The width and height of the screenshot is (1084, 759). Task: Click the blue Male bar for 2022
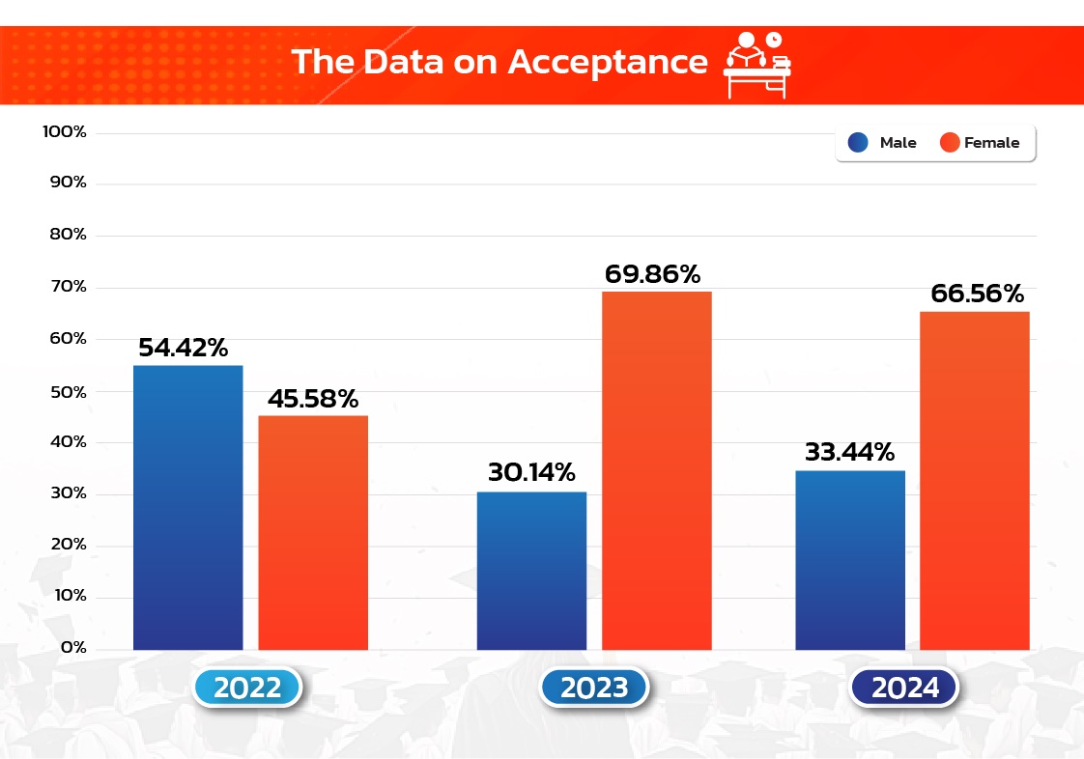(x=186, y=507)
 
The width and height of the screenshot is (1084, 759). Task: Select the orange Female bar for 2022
(x=313, y=532)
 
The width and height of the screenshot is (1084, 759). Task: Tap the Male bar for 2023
(x=531, y=571)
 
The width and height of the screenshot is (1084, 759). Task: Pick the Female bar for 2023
(x=657, y=470)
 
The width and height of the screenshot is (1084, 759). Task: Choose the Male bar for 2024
(x=850, y=560)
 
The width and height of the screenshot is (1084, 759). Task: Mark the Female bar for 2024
(x=974, y=480)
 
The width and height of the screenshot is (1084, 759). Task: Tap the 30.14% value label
(x=530, y=473)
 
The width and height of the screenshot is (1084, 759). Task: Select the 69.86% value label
(x=652, y=274)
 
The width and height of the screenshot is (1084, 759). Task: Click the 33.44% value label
(x=849, y=451)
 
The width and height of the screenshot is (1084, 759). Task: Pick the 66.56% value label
(x=977, y=294)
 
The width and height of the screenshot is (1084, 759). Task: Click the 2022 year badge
(x=248, y=688)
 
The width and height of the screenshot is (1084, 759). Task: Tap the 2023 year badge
(x=594, y=688)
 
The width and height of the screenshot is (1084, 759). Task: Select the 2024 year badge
(x=905, y=688)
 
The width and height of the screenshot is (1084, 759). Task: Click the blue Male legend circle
(x=858, y=143)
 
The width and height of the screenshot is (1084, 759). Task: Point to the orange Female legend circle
(x=950, y=143)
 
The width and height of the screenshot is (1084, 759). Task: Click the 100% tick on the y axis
(x=66, y=131)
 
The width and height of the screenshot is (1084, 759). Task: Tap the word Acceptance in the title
(x=608, y=61)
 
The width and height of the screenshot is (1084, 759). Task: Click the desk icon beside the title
(x=756, y=64)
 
